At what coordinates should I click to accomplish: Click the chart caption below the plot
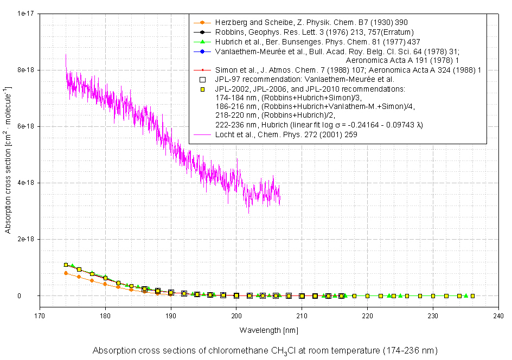click(265, 350)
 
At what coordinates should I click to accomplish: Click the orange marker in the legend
click(202, 22)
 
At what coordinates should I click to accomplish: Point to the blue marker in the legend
click(202, 52)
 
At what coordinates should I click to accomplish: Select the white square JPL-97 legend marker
click(202, 79)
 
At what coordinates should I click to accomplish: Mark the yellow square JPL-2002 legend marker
click(202, 88)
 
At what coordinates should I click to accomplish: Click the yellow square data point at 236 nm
click(472, 296)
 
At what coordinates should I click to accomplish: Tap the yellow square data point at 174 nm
click(66, 265)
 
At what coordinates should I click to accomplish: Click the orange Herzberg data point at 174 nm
click(66, 273)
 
